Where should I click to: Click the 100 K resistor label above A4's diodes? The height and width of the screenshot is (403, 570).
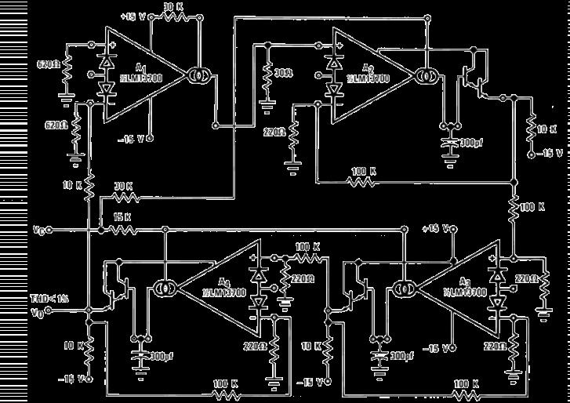307,246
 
